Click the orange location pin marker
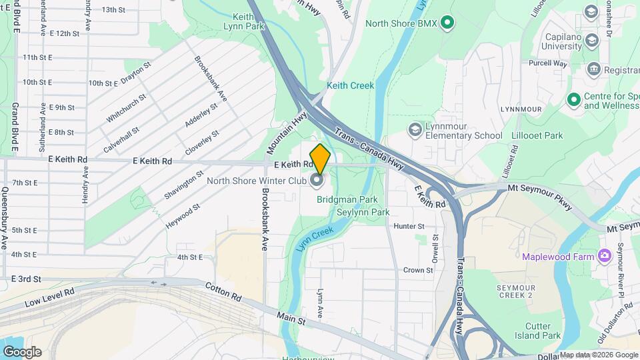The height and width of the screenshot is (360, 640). coord(320,159)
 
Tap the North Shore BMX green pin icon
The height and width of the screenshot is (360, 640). coord(448,23)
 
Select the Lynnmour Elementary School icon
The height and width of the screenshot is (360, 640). coord(415,129)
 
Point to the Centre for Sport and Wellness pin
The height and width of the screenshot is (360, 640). coord(573,100)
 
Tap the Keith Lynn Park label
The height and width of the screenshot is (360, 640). coord(244,21)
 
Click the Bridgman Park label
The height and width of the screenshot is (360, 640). coord(357,199)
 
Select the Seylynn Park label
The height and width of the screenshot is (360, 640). coord(363,212)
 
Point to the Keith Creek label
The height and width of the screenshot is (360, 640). coord(351,85)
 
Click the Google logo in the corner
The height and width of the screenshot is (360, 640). coord(22,352)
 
